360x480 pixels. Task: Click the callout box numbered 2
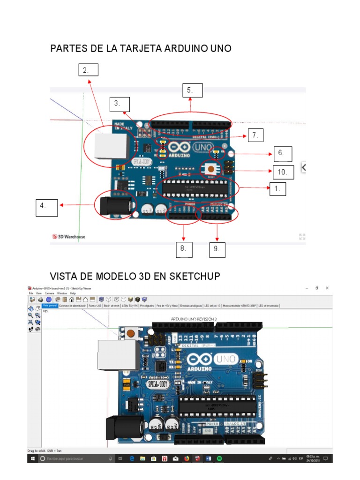click(88, 70)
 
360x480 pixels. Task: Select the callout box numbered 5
click(193, 90)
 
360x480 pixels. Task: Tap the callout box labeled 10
click(283, 172)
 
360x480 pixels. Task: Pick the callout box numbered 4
click(47, 208)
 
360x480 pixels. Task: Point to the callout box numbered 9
click(217, 249)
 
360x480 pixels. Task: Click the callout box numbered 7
click(255, 135)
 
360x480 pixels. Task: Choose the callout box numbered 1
click(277, 189)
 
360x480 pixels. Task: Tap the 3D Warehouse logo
click(68, 237)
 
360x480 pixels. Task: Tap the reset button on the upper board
click(211, 168)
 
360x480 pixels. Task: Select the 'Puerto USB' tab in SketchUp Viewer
click(95, 306)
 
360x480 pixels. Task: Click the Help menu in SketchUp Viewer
click(73, 293)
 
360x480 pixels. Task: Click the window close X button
click(327, 288)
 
